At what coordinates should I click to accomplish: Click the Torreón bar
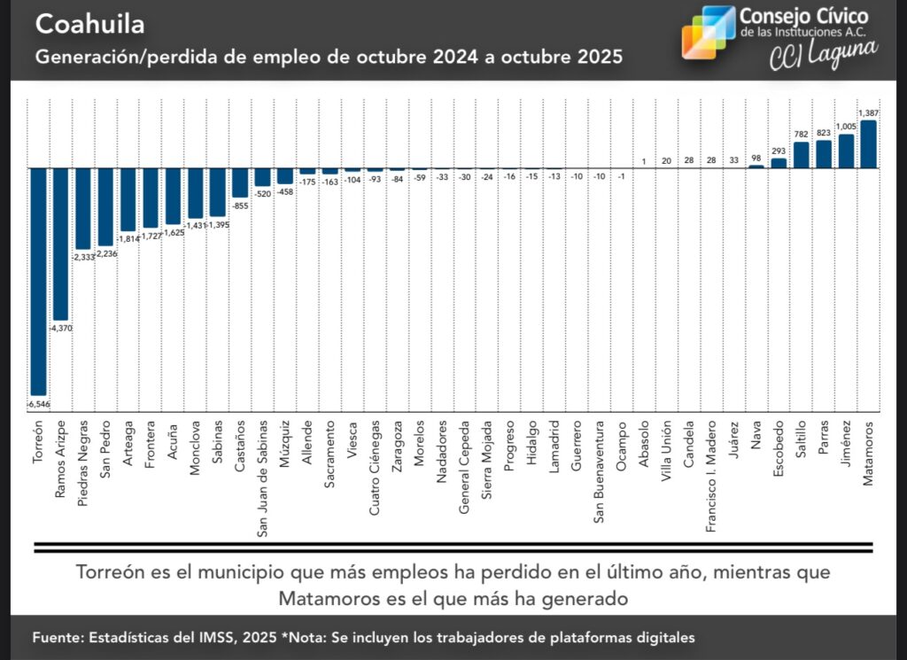pos(38,281)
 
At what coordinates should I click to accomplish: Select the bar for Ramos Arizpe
pos(60,244)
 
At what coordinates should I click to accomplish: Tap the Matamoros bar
pos(868,144)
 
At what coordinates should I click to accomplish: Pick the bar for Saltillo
pos(801,155)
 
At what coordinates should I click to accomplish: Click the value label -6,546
pos(37,403)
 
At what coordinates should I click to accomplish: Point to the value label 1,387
pos(869,113)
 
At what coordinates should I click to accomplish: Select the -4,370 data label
pos(60,328)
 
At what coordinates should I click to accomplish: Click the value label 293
pos(779,150)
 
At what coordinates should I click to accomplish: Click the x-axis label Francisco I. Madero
pos(711,475)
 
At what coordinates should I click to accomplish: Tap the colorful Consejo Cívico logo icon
pos(708,32)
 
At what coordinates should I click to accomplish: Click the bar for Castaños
pos(240,182)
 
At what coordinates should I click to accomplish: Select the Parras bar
pos(824,154)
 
